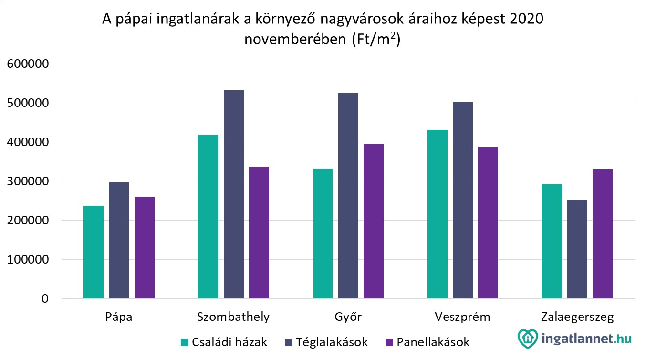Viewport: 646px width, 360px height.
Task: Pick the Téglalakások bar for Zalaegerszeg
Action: pyautogui.click(x=577, y=249)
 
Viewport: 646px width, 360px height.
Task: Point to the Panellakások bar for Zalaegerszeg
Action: pyautogui.click(x=603, y=234)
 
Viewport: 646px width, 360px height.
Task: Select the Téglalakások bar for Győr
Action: pyautogui.click(x=348, y=196)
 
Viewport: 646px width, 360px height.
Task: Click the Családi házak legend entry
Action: pyautogui.click(x=224, y=342)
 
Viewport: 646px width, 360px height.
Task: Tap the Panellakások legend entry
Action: pyautogui.click(x=427, y=342)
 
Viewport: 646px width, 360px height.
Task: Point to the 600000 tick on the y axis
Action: pyautogui.click(x=28, y=64)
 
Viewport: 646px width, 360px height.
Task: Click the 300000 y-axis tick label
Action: pyautogui.click(x=28, y=181)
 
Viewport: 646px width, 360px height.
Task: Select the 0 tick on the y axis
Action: pyautogui.click(x=45, y=299)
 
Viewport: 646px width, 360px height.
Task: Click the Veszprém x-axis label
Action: pyautogui.click(x=462, y=317)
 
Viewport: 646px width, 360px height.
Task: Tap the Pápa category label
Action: pyautogui.click(x=119, y=317)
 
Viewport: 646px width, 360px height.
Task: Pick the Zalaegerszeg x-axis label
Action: pyautogui.click(x=577, y=317)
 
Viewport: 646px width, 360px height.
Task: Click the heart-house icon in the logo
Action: pyautogui.click(x=528, y=339)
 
